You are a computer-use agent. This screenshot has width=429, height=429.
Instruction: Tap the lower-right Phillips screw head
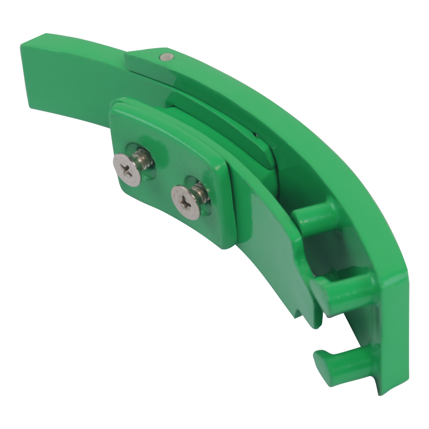pos(186,203)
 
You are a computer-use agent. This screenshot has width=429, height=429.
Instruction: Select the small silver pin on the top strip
pos(166,57)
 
